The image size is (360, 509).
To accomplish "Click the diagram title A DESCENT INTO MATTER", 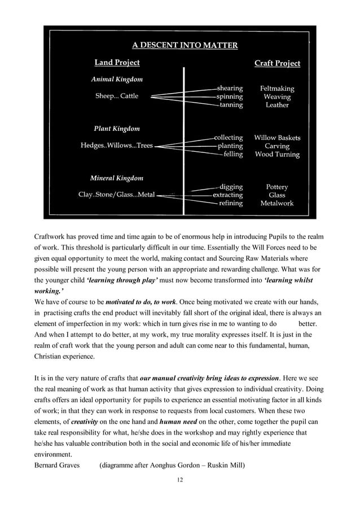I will click(185, 45).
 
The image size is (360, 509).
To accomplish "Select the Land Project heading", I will click(117, 62).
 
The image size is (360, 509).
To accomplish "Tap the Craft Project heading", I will click(277, 63).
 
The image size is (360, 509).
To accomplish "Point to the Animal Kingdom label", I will click(117, 79).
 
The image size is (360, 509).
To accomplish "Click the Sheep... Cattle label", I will click(116, 96).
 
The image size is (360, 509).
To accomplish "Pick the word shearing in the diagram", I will click(230, 89).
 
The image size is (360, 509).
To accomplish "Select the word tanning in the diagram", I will click(231, 105).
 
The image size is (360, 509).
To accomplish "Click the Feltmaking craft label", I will click(277, 89).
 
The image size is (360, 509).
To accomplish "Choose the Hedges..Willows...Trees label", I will click(116, 146).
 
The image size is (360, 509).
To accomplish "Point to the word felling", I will click(232, 154).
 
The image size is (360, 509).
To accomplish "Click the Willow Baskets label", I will click(277, 138).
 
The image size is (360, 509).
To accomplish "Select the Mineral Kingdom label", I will click(117, 178).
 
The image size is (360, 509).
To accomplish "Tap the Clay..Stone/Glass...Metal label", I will click(116, 195).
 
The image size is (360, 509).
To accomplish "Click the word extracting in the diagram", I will click(227, 195).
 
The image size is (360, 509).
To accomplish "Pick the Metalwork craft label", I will click(277, 203).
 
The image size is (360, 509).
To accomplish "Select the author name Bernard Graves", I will click(57, 466).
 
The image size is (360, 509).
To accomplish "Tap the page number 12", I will click(180, 479).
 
